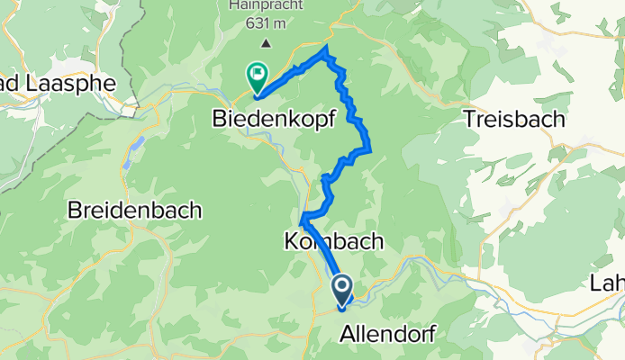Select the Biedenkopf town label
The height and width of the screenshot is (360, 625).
pyautogui.click(x=268, y=118)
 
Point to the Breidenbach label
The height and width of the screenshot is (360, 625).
pyautogui.click(x=135, y=211)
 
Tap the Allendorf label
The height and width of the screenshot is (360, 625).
pyautogui.click(x=388, y=334)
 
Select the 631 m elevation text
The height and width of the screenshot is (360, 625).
pyautogui.click(x=265, y=23)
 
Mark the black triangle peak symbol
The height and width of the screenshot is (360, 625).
pyautogui.click(x=265, y=42)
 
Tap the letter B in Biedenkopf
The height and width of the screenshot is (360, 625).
pyautogui.click(x=219, y=118)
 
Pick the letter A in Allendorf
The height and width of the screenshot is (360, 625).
pyautogui.click(x=348, y=334)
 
